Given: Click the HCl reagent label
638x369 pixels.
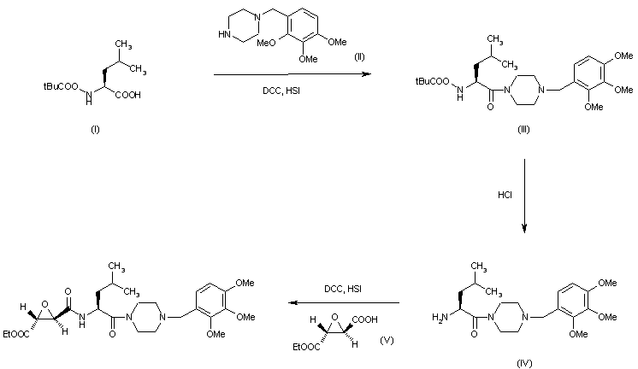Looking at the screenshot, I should [x=505, y=195].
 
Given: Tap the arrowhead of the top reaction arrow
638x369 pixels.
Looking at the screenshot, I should [x=367, y=75].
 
